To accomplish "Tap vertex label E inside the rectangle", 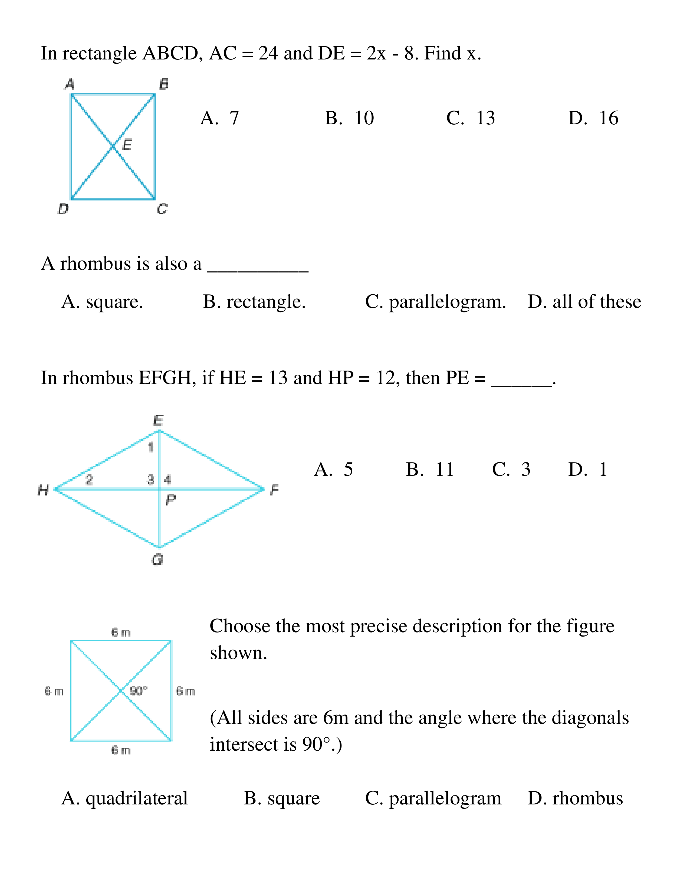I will (127, 145).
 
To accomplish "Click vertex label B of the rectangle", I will (163, 84).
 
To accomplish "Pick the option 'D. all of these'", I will (584, 302).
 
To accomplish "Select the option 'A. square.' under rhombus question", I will (102, 302).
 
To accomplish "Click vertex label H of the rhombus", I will (43, 490).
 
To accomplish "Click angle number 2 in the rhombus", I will (89, 479).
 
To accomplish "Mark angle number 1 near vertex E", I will (150, 447).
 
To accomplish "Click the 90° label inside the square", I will (139, 691).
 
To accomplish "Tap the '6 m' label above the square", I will (121, 633).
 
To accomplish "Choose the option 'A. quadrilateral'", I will (125, 798).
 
